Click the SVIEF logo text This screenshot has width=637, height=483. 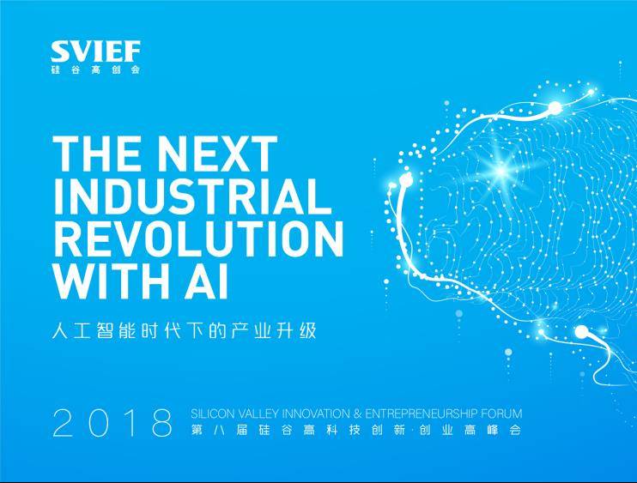(x=96, y=51)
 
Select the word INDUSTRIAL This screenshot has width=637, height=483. (x=192, y=196)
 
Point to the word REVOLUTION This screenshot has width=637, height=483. (x=198, y=238)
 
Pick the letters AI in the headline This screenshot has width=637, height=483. (x=207, y=281)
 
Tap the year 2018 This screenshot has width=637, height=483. (x=112, y=423)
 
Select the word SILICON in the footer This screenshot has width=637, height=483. (x=212, y=414)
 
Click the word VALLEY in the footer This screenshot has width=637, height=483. (x=258, y=414)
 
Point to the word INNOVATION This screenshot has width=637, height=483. (x=316, y=414)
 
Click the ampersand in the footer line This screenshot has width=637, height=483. (x=357, y=414)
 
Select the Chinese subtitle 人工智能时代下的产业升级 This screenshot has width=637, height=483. (x=184, y=331)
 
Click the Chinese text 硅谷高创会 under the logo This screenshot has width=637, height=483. (x=96, y=69)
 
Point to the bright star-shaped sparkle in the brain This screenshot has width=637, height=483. (x=501, y=170)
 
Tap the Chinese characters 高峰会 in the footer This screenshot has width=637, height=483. (x=493, y=430)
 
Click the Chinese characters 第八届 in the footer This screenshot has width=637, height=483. (x=220, y=430)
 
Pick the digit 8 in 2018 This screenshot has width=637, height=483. (x=161, y=423)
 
